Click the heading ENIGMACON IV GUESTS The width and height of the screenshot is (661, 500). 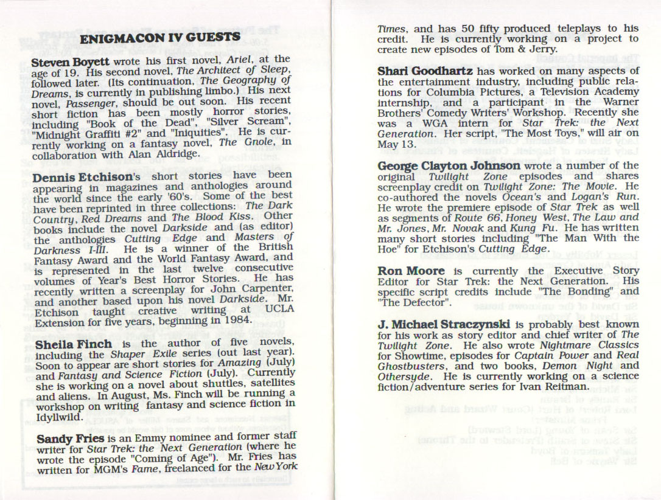click(x=160, y=39)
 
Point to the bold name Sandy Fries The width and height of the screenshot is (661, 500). click(x=63, y=438)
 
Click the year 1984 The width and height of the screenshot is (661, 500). click(x=236, y=320)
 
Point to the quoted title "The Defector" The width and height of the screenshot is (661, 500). click(x=413, y=302)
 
